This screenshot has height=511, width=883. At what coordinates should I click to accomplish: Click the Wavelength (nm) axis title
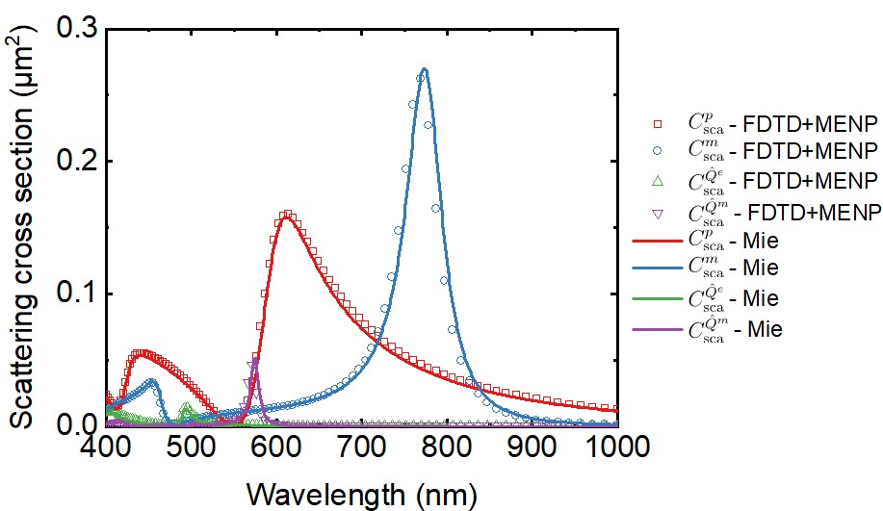(x=361, y=492)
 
